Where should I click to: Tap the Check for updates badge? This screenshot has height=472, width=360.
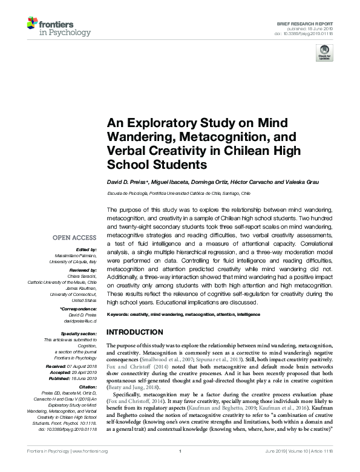click(324, 53)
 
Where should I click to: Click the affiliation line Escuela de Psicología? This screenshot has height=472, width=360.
click(178, 194)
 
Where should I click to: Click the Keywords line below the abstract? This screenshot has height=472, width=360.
click(183, 315)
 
